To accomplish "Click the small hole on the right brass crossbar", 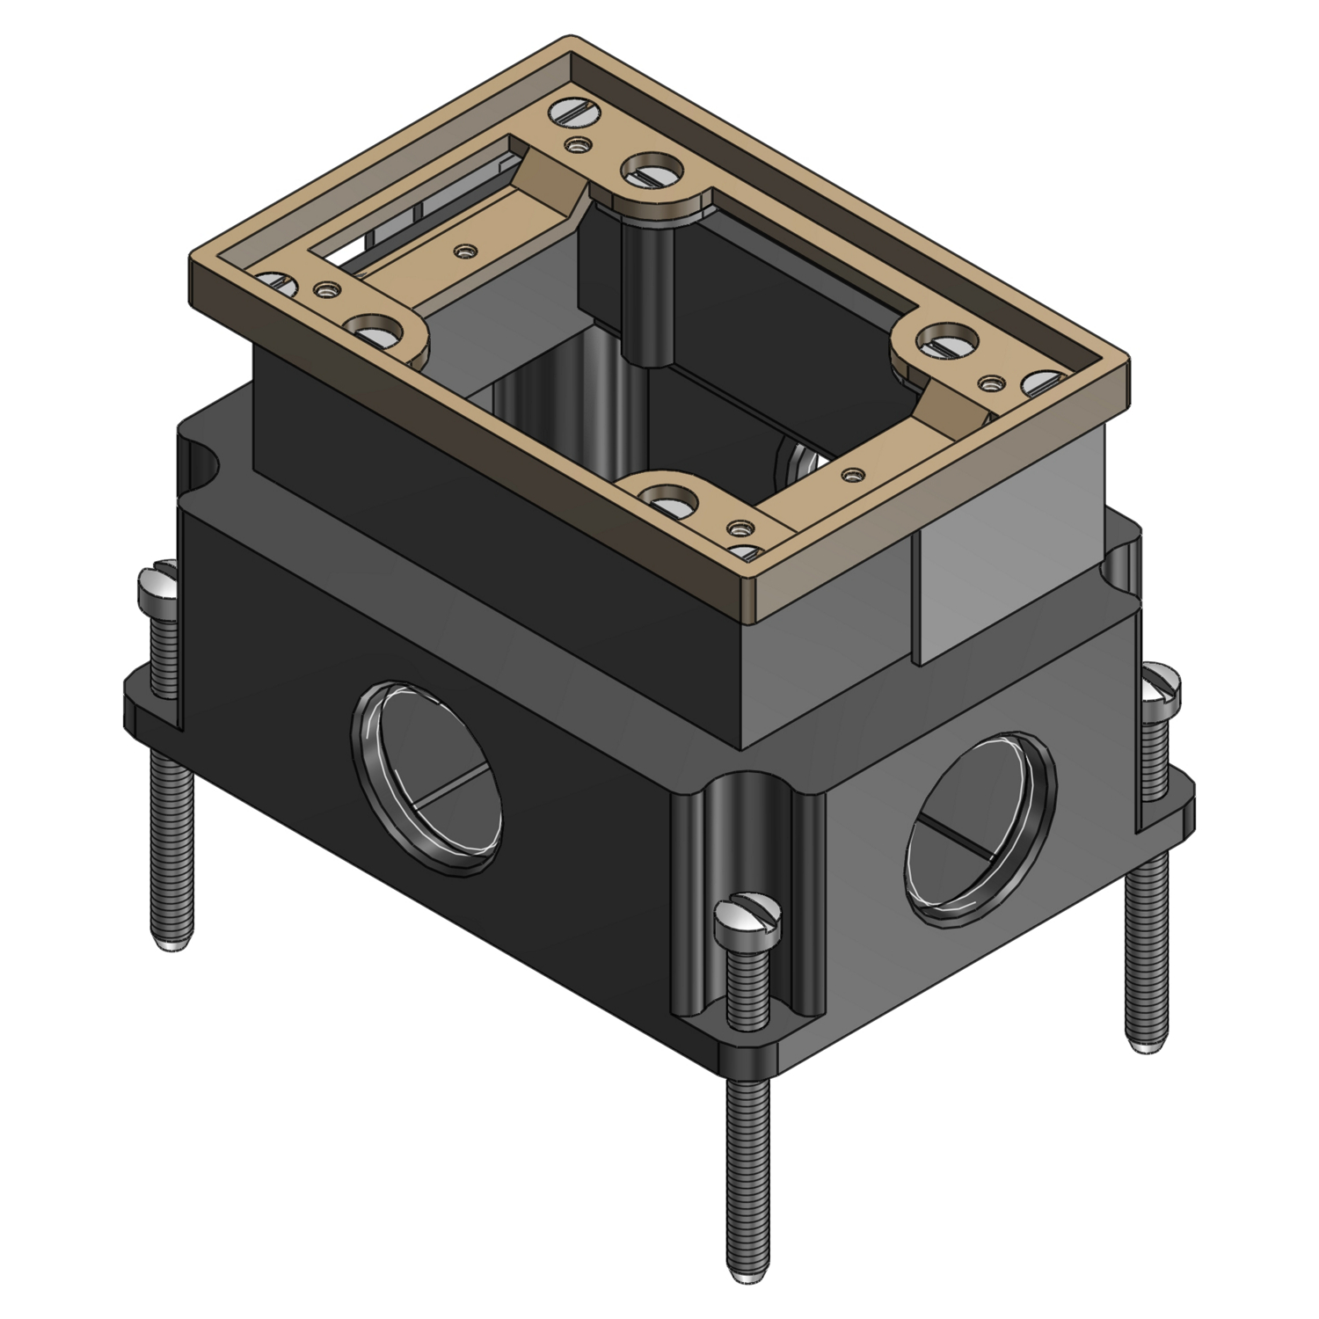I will [x=849, y=475].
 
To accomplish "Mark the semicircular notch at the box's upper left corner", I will [x=200, y=458].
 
